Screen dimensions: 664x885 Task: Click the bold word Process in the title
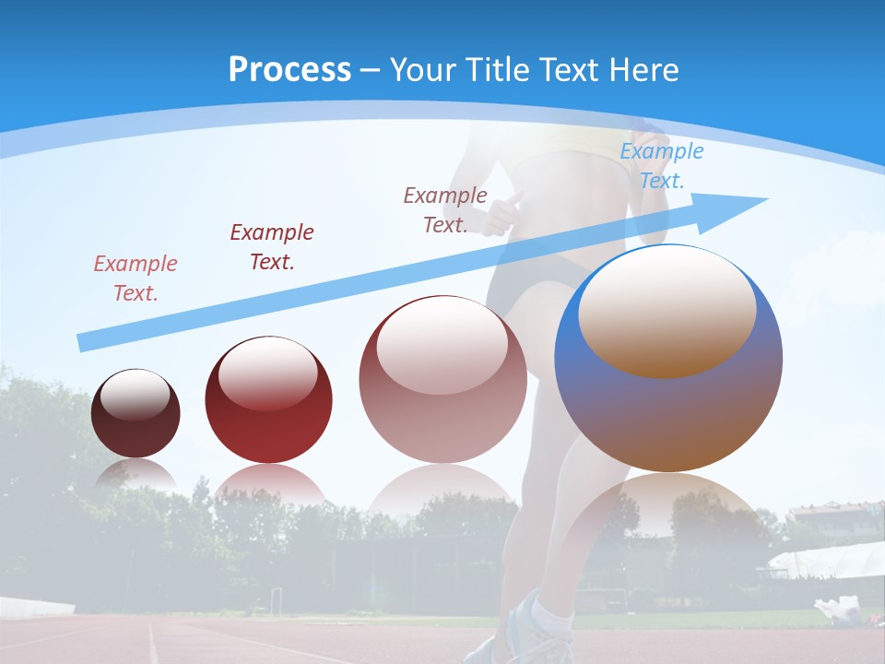[289, 70]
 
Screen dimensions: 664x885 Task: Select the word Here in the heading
[645, 70]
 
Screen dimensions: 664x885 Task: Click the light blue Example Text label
[661, 166]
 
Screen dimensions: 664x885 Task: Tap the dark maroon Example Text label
[272, 247]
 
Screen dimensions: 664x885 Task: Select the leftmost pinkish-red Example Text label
[136, 279]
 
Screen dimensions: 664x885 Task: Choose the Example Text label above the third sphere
[445, 209]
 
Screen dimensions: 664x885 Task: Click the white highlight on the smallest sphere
[135, 395]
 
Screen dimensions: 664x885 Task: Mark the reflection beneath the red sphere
[268, 484]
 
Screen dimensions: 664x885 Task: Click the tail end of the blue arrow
[83, 343]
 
